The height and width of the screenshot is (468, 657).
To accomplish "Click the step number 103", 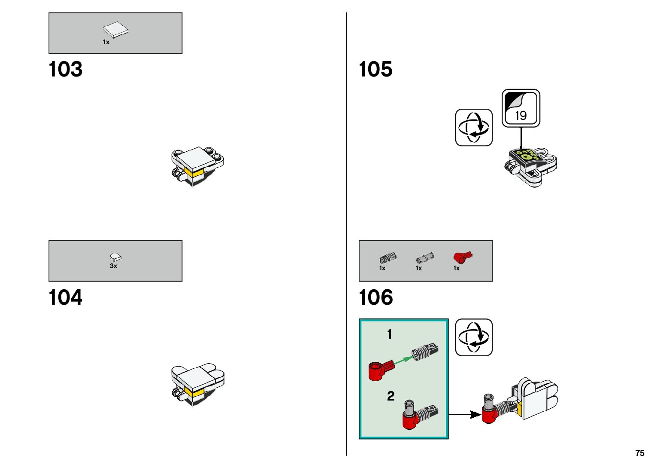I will tap(65, 69).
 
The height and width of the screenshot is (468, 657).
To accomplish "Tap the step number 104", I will tap(65, 297).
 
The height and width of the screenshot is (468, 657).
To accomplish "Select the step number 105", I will tap(375, 69).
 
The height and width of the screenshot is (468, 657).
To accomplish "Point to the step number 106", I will tap(375, 297).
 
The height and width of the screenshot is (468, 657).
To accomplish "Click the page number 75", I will tap(639, 453).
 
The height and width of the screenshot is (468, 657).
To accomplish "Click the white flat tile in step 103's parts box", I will tap(115, 30).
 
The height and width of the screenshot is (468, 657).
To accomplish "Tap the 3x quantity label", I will tap(113, 266).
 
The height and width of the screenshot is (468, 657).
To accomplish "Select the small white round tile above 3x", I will tap(115, 257).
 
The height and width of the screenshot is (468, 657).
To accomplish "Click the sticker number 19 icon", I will tap(521, 108).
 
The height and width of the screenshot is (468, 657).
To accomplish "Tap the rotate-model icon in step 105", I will tap(474, 128).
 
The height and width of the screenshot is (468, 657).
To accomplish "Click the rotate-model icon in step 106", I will tap(474, 337).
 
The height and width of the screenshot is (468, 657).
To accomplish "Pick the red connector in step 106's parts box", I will tap(462, 257).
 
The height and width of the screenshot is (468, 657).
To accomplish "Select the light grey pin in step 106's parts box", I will tap(424, 258).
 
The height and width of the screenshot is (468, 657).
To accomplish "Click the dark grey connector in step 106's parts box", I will tap(388, 258).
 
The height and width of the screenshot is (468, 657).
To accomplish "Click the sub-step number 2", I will tap(391, 396).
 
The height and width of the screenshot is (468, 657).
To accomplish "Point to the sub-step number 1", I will tap(389, 334).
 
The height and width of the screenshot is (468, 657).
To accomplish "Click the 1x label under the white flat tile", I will tap(106, 42).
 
